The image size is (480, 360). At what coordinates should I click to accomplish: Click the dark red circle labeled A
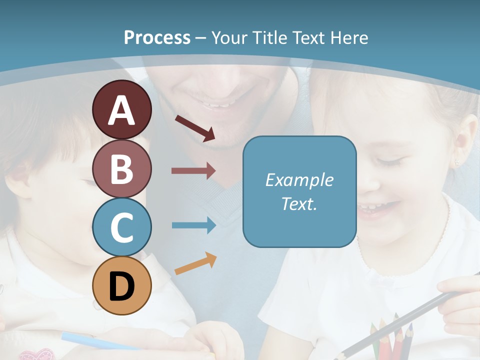[122, 109]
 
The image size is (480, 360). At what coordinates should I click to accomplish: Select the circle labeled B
[122, 168]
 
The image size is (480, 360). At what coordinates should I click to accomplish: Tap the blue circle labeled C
[122, 227]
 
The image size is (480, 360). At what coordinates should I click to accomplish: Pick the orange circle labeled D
[122, 285]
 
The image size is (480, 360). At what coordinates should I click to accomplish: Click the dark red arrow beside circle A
[195, 128]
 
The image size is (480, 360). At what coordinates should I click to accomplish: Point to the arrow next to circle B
[193, 170]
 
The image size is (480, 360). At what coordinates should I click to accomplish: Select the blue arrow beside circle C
[193, 225]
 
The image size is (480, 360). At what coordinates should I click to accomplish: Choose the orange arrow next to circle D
[195, 263]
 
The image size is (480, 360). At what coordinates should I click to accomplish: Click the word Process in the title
[157, 37]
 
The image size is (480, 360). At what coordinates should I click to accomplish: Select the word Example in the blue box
[299, 180]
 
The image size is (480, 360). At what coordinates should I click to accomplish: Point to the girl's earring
[456, 163]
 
